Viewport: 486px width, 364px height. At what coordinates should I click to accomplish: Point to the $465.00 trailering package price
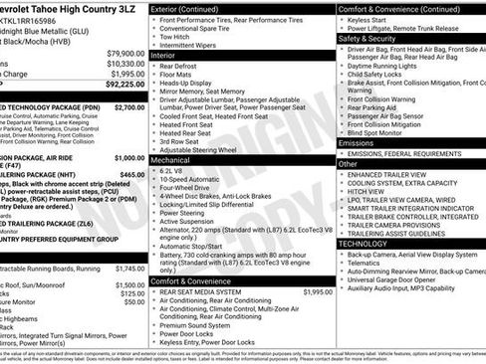132,174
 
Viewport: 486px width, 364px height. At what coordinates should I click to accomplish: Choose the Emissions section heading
360,142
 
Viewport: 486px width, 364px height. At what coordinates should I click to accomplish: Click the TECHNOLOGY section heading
364,244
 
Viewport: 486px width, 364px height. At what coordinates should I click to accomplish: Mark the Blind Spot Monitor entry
382,131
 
